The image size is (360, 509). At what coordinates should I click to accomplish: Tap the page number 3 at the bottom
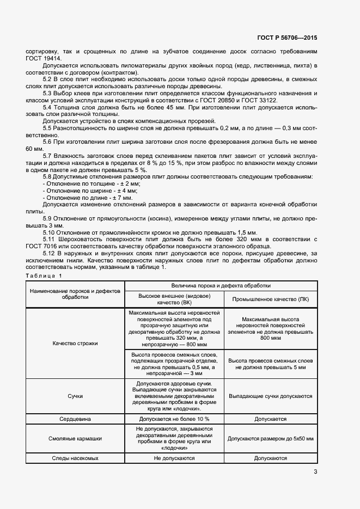click(315, 471)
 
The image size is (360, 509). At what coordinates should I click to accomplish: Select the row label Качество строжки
click(75, 344)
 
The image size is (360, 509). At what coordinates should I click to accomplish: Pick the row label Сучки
click(75, 397)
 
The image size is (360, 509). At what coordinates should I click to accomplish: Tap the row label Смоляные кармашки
click(75, 438)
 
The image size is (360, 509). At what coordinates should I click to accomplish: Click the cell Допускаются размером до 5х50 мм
click(271, 438)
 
